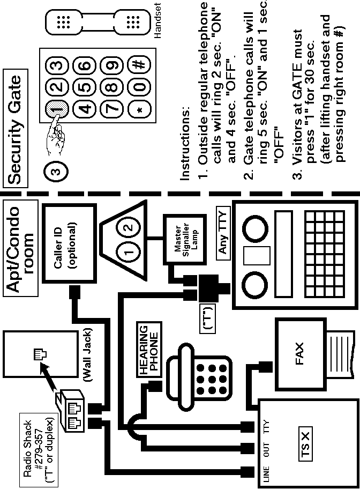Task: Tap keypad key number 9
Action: point(112,65)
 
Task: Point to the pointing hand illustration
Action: point(57,129)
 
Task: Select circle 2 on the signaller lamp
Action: point(128,227)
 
